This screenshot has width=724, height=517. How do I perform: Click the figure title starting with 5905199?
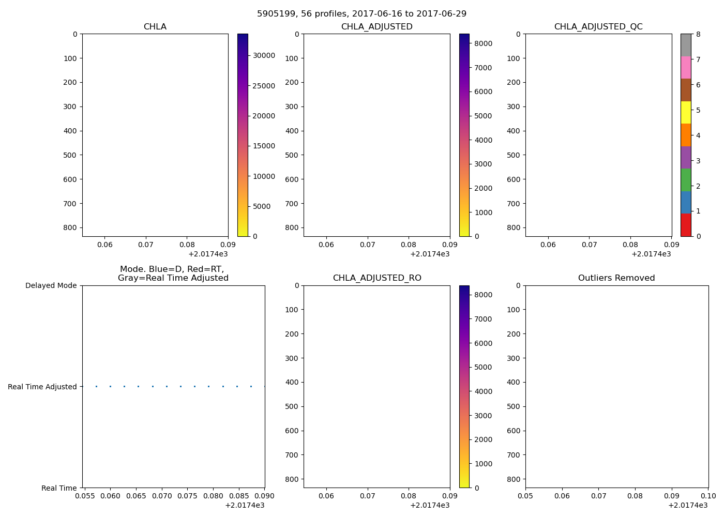point(361,13)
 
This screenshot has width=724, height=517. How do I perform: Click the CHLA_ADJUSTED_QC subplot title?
point(598,27)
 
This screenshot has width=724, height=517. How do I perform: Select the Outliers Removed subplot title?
point(616,278)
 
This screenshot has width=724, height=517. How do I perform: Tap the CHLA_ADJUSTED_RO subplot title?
point(377,278)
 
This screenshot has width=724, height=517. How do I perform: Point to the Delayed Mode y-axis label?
point(51,285)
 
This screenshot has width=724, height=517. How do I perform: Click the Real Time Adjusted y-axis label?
point(42,387)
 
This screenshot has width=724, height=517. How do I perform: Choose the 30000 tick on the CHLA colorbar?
point(264,56)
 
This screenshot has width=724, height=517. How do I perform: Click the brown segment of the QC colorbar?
point(686,90)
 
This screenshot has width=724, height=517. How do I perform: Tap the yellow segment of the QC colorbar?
point(686,112)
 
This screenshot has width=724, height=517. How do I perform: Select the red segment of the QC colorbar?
point(686,225)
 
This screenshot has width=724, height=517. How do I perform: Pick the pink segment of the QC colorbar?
point(686,67)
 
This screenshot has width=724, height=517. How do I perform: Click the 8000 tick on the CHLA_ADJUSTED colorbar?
point(483,43)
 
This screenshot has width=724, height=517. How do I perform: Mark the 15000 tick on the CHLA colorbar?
point(264,146)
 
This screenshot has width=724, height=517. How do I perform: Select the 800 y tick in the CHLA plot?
point(70,228)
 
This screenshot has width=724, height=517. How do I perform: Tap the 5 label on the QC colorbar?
point(698,110)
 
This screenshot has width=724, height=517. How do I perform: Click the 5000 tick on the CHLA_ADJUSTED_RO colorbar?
point(483,368)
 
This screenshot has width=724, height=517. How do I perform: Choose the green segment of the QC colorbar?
point(686,180)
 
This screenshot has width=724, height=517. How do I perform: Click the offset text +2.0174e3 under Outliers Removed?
point(688,505)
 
